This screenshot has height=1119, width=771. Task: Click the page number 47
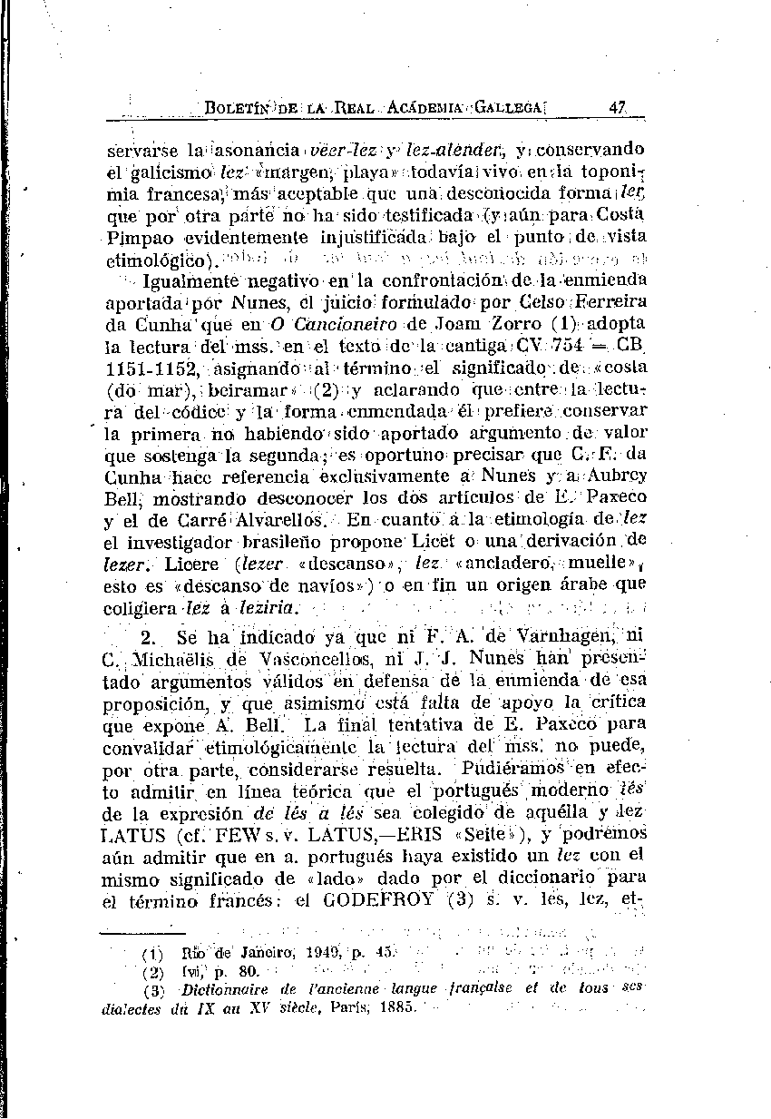point(619,107)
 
